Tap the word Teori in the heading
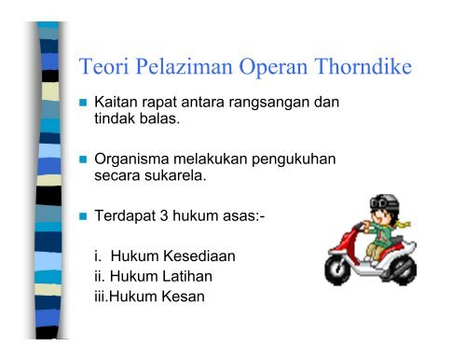[105, 68]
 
